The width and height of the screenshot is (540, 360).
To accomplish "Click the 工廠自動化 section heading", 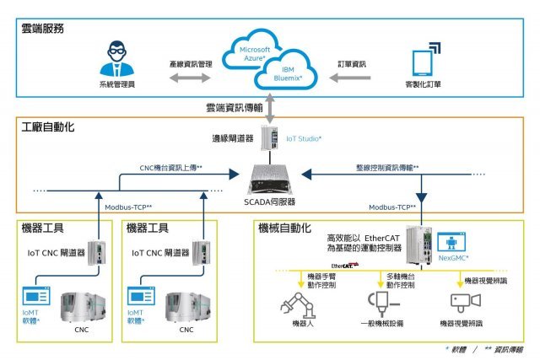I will (x=49, y=126).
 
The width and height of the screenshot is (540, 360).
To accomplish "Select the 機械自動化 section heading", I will (x=284, y=228).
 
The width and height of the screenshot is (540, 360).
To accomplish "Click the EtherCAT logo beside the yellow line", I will (x=344, y=265).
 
